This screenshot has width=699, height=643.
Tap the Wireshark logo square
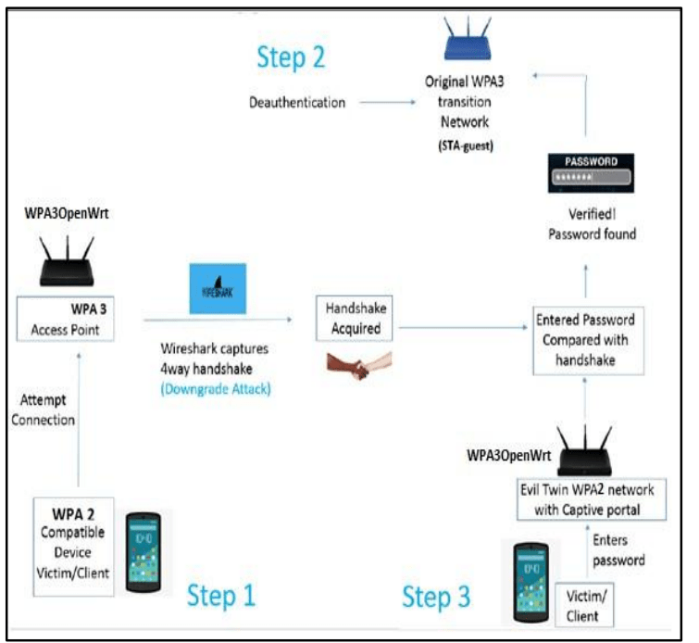[x=218, y=288]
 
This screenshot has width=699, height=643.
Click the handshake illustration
[x=359, y=365]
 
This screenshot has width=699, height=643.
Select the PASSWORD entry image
[x=591, y=172]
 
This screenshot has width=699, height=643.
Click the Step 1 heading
[x=221, y=595]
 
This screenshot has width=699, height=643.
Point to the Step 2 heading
[x=291, y=57]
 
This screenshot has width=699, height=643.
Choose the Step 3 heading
[x=436, y=597]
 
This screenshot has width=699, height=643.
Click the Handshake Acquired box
[x=355, y=318]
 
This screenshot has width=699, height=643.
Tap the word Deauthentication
[x=297, y=103]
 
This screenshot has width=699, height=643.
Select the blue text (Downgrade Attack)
[x=216, y=389]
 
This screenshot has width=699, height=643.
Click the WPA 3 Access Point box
[x=65, y=319]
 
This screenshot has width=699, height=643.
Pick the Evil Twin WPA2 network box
[x=592, y=499]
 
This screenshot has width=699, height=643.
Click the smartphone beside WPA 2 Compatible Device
[x=144, y=552]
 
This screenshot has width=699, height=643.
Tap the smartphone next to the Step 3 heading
[x=530, y=583]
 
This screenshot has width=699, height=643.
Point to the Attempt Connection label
[x=44, y=410]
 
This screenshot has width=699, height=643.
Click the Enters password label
[x=618, y=550]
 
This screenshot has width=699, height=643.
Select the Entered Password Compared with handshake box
[x=589, y=340]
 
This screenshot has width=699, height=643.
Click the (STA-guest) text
[x=466, y=145]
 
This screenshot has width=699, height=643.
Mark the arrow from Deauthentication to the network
[x=387, y=102]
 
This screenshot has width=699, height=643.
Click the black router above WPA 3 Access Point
[x=67, y=261]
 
